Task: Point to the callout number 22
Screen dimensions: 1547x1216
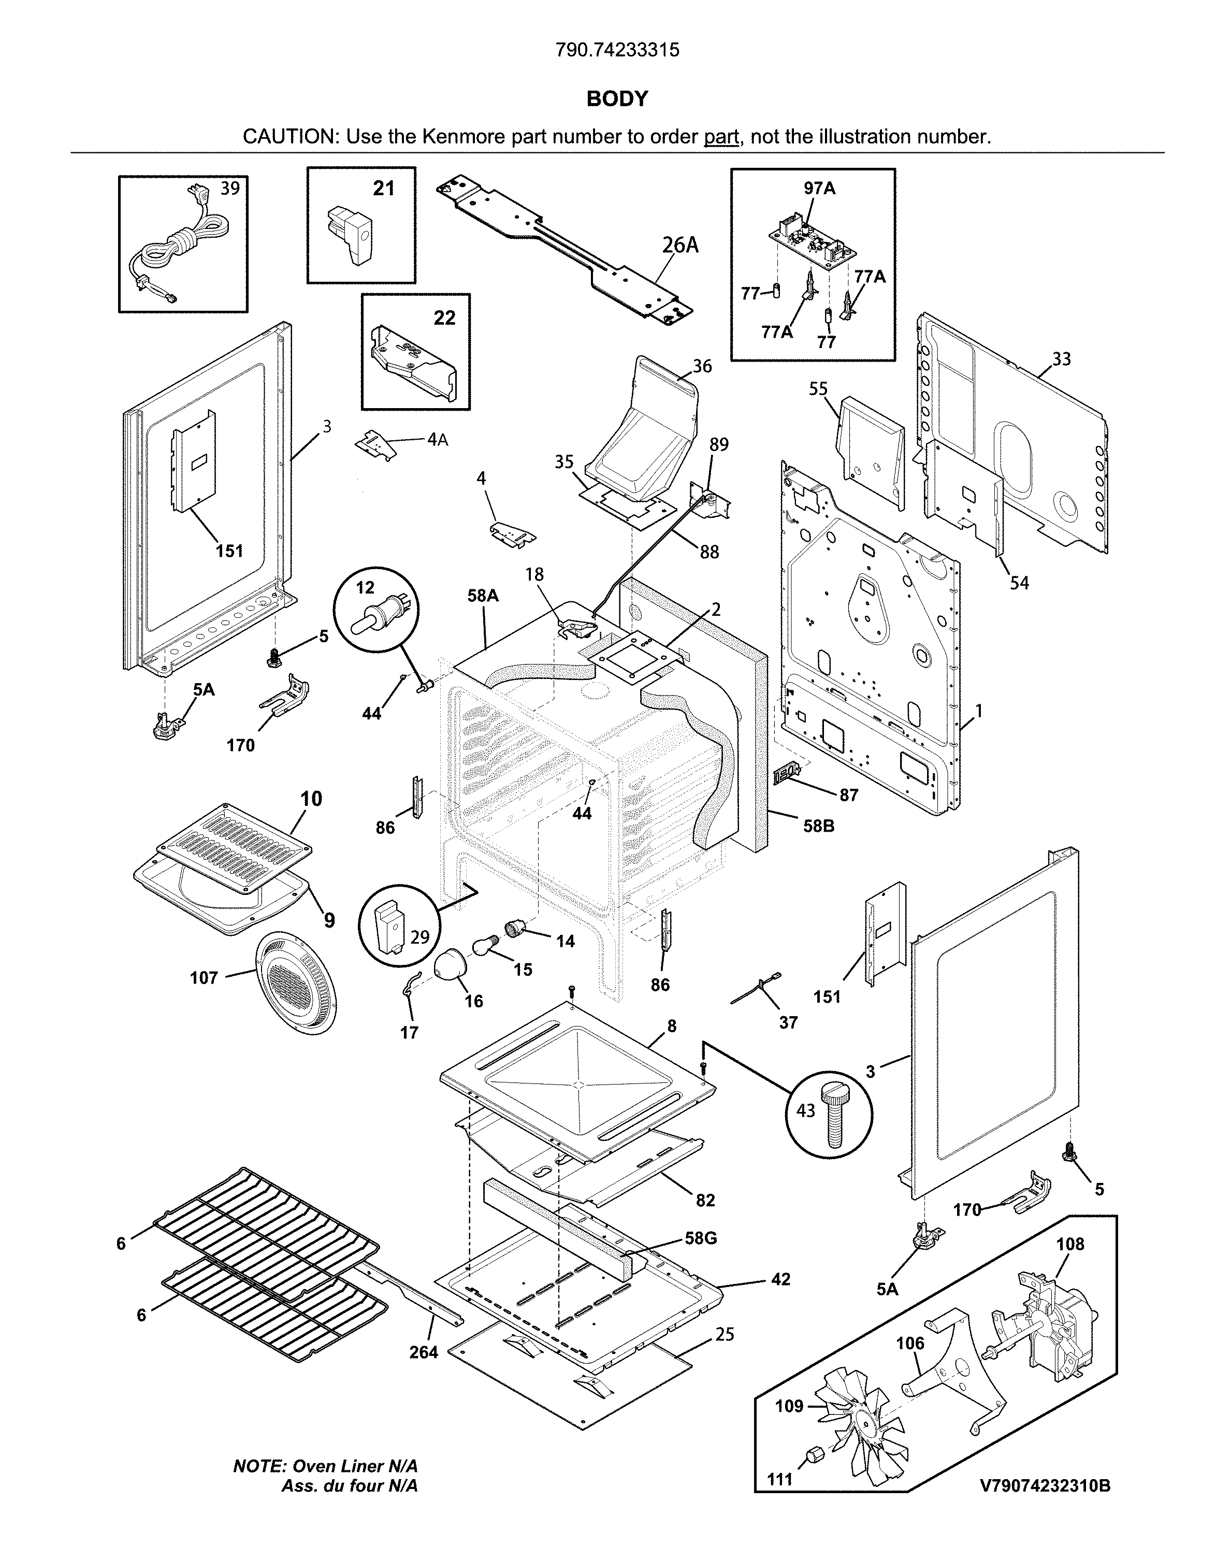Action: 444,317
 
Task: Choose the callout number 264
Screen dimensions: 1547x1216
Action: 424,1352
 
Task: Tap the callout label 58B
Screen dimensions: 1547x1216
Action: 819,827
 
